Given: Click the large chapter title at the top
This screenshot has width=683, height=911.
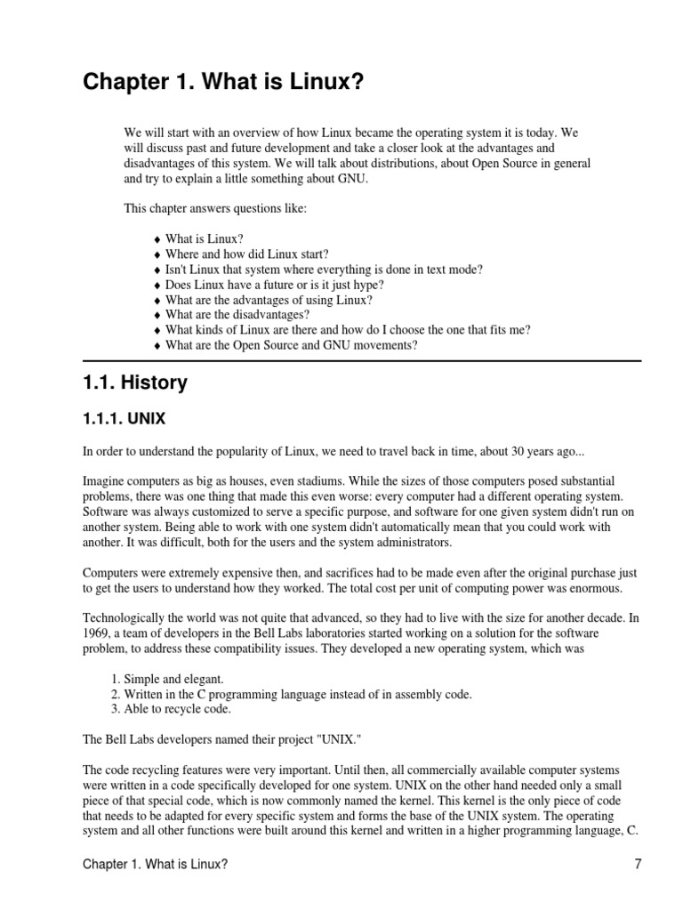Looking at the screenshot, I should pyautogui.click(x=223, y=83).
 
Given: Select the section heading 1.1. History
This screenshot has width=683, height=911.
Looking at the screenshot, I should pyautogui.click(x=135, y=383).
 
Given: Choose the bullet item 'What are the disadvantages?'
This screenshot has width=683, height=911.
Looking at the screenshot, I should pyautogui.click(x=237, y=315).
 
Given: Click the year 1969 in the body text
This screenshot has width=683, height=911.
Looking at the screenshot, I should pyautogui.click(x=96, y=633).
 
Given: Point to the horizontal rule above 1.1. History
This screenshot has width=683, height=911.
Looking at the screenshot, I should pyautogui.click(x=362, y=361).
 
